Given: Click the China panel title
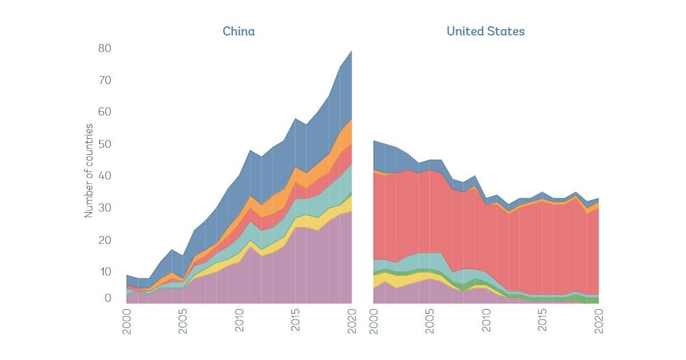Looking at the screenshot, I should (x=238, y=31).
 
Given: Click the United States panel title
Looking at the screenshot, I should (x=485, y=31).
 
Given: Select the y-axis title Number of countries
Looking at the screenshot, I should (x=89, y=170).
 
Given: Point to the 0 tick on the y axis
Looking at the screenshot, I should (x=107, y=298).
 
